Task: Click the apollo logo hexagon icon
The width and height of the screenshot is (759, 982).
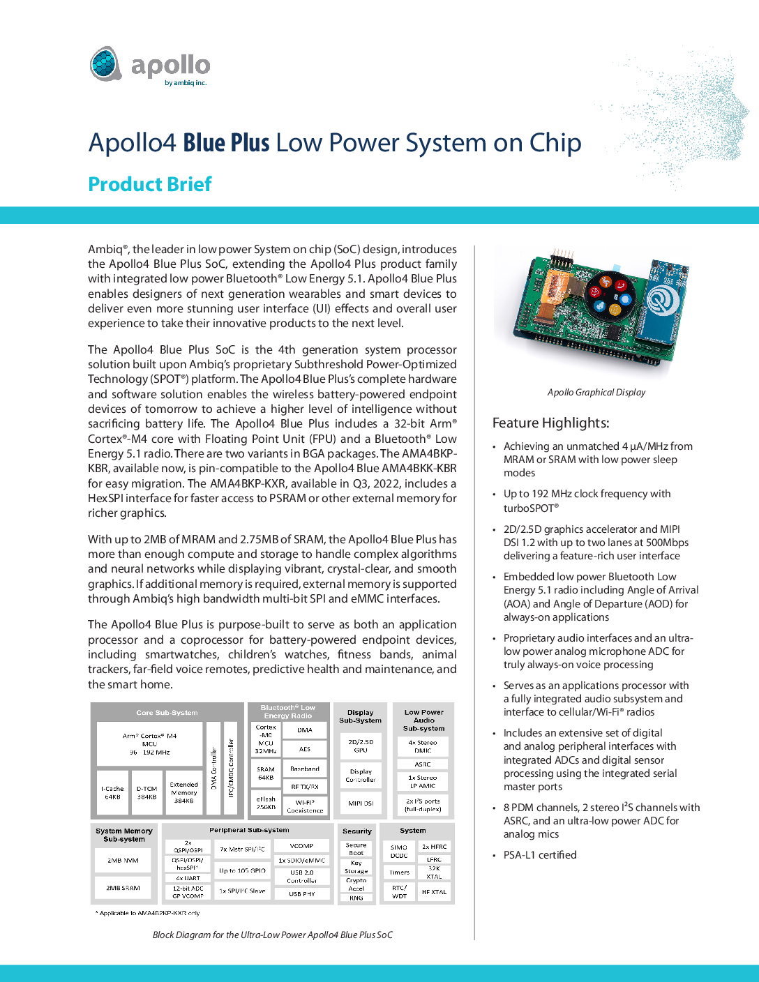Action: coord(106,64)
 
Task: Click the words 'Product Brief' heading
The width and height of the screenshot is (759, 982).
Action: coord(149,184)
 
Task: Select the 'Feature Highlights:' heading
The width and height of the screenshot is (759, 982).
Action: coord(550,423)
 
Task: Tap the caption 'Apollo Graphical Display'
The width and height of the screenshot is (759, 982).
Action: coord(596,392)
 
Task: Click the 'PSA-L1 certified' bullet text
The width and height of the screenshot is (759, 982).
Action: coord(540,855)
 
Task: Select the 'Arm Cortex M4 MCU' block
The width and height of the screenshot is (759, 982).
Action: coord(149,743)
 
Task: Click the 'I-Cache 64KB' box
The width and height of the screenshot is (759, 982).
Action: coord(112,792)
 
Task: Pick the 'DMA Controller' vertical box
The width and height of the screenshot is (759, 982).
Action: coord(213,768)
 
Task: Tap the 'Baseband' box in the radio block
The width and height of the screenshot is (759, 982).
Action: coord(305,769)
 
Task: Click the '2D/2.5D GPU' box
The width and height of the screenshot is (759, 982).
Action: coord(361,746)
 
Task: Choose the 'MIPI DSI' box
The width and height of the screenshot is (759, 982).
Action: coord(361,803)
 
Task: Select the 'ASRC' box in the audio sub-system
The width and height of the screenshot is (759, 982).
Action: coord(423,764)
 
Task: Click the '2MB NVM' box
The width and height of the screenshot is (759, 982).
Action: coord(123,861)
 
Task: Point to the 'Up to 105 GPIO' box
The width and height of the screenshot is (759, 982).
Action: coord(242,870)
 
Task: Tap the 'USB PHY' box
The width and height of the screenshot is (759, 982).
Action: coord(301,893)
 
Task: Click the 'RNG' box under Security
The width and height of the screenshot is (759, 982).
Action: coord(356,898)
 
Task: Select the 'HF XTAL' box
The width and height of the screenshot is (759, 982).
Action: coord(434,892)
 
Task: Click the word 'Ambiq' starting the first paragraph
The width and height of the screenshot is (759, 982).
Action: coord(105,249)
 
